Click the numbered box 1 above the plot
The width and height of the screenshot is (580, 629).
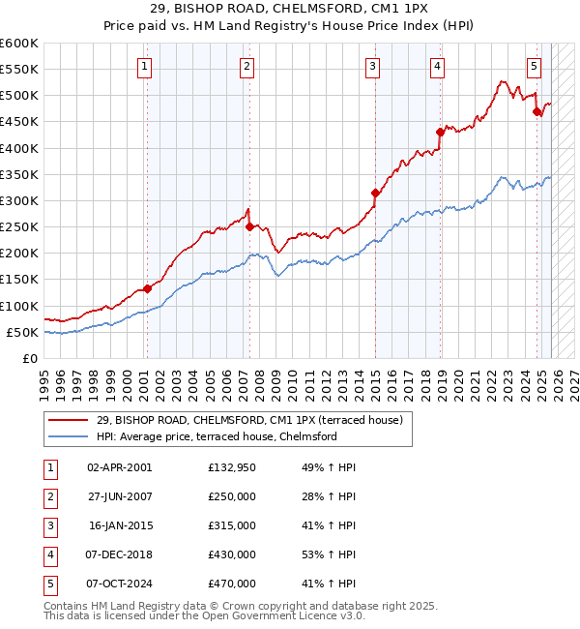pyautogui.click(x=144, y=67)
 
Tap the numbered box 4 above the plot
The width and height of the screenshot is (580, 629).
pyautogui.click(x=438, y=67)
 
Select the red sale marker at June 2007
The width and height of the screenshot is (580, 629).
pyautogui.click(x=249, y=226)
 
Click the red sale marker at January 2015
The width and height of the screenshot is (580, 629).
pyautogui.click(x=374, y=193)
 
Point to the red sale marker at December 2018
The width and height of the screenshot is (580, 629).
pyautogui.click(x=439, y=133)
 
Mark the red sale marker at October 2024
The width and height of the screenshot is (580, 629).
pyautogui.click(x=536, y=111)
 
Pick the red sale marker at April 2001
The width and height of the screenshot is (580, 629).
pyautogui.click(x=148, y=288)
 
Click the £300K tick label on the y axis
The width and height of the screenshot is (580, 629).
pyautogui.click(x=19, y=200)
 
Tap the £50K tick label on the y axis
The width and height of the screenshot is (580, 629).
pyautogui.click(x=22, y=332)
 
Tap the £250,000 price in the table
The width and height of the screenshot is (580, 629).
pyautogui.click(x=232, y=496)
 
